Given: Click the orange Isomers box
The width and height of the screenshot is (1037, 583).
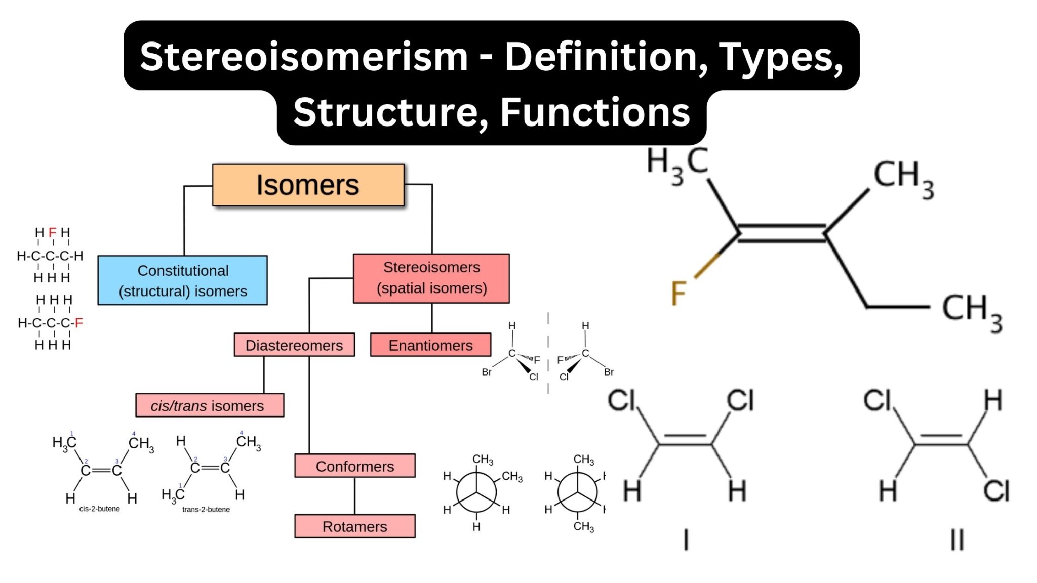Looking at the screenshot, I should pyautogui.click(x=308, y=185).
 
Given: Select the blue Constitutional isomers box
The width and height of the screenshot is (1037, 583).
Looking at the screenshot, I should pyautogui.click(x=182, y=280).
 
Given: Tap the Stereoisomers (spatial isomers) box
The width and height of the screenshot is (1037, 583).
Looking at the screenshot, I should pyautogui.click(x=431, y=278).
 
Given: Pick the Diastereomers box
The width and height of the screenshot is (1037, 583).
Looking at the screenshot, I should pyautogui.click(x=294, y=345).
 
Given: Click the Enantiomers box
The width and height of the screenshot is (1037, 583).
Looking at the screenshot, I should pyautogui.click(x=430, y=345).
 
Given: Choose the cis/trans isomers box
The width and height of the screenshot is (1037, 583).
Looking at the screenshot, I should pyautogui.click(x=209, y=405).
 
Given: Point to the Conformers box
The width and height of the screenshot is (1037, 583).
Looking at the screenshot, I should pyautogui.click(x=354, y=466).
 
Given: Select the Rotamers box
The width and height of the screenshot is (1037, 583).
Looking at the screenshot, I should pyautogui.click(x=354, y=526).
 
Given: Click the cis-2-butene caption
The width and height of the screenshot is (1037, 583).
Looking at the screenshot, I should pyautogui.click(x=99, y=509).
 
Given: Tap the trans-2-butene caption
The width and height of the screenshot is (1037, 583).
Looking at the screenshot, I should pyautogui.click(x=206, y=509).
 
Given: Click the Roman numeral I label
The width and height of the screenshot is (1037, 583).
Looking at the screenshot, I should pyautogui.click(x=686, y=539).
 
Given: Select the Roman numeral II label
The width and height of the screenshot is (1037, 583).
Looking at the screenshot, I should pyautogui.click(x=956, y=539).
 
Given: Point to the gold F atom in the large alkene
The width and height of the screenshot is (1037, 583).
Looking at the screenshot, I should pyautogui.click(x=678, y=293).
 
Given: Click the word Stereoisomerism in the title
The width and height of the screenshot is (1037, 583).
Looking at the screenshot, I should pyautogui.click(x=304, y=56).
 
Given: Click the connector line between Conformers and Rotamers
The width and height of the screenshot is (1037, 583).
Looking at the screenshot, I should pyautogui.click(x=354, y=496).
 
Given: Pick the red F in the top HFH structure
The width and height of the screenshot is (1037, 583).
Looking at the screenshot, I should pyautogui.click(x=52, y=232).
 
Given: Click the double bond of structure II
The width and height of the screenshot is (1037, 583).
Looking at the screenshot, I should pyautogui.click(x=941, y=440).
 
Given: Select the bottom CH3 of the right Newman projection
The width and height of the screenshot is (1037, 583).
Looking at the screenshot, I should pyautogui.click(x=583, y=526).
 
